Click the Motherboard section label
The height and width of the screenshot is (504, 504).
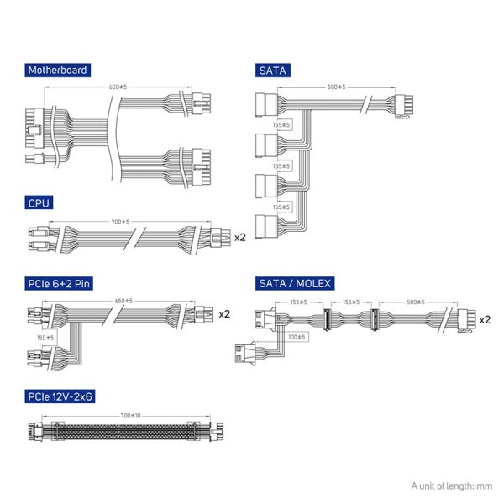pos(57,71)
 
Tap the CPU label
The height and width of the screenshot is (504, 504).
pos(38,202)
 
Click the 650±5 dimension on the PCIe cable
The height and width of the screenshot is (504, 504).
pos(124,301)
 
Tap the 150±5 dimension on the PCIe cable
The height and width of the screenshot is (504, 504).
pos(45,338)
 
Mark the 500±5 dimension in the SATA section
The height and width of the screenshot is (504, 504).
pos(338,87)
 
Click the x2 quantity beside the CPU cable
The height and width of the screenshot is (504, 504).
pos(239,237)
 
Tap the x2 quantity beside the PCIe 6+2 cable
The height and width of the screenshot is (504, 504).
pos(224,314)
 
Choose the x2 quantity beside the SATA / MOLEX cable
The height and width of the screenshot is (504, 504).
pos(485,320)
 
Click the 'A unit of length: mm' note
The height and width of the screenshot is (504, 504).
pos(451,486)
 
